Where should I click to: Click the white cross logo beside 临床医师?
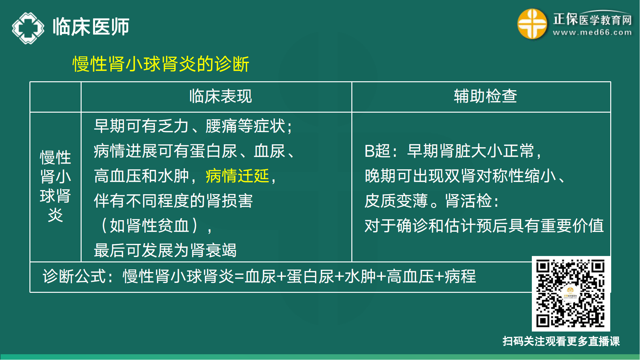28,28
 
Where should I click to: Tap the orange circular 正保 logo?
532,24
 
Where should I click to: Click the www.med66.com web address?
592,33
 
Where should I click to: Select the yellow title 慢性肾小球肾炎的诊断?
161,64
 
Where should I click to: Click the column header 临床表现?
220,96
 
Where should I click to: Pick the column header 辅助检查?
485,96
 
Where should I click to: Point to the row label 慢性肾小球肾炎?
55,186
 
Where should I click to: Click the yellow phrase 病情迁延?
237,176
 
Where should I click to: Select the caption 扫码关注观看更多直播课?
561,341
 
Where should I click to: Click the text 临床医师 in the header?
91,27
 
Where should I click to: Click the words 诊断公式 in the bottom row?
74,276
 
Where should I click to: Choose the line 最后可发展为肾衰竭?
165,250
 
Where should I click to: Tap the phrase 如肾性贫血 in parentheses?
149,226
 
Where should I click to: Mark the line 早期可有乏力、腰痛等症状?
193,126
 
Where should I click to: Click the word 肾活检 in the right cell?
468,201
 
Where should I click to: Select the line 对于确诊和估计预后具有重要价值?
484,226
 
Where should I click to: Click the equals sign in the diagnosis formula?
239,276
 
